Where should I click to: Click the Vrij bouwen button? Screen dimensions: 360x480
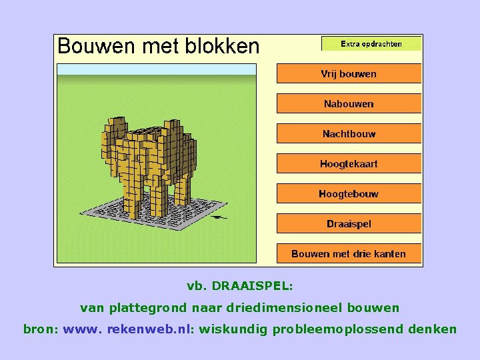349,73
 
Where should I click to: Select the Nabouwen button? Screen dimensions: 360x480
349,103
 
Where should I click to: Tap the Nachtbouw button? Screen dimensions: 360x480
349,133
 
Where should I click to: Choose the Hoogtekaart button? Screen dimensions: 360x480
349,163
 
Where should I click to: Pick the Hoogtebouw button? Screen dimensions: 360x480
349,193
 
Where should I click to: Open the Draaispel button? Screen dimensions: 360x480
349,223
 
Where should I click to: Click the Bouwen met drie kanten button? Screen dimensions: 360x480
349,253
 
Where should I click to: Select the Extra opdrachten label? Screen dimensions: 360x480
371,44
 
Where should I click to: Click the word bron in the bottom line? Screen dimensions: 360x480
38,329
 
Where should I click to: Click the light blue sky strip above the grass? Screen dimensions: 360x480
156,69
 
